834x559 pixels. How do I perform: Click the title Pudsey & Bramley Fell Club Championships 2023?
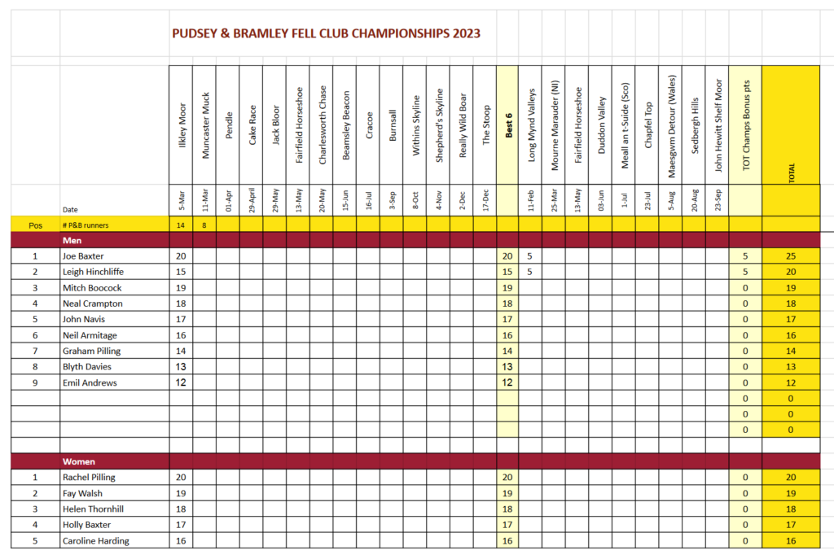[326, 33]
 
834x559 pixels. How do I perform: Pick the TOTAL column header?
[791, 172]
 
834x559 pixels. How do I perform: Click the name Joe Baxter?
[84, 256]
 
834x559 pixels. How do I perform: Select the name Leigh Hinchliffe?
[92, 272]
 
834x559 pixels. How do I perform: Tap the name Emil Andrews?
[90, 382]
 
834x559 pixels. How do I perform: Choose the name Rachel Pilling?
[89, 478]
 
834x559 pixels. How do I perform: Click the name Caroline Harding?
[95, 541]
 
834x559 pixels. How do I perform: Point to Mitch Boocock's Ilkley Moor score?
[181, 288]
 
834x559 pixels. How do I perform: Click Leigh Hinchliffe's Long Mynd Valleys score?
[529, 272]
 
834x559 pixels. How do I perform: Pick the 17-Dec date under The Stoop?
[485, 200]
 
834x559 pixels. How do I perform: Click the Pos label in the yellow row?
[35, 225]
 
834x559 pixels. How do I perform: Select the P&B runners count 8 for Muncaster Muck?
[204, 225]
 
